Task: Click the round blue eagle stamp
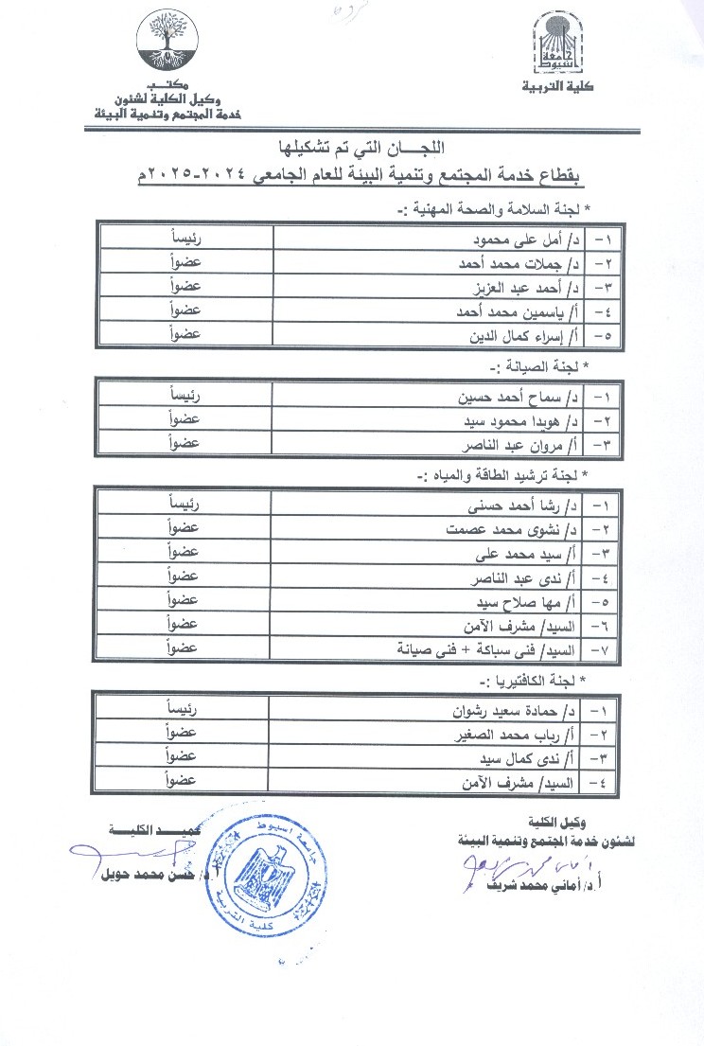click(266, 860)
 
